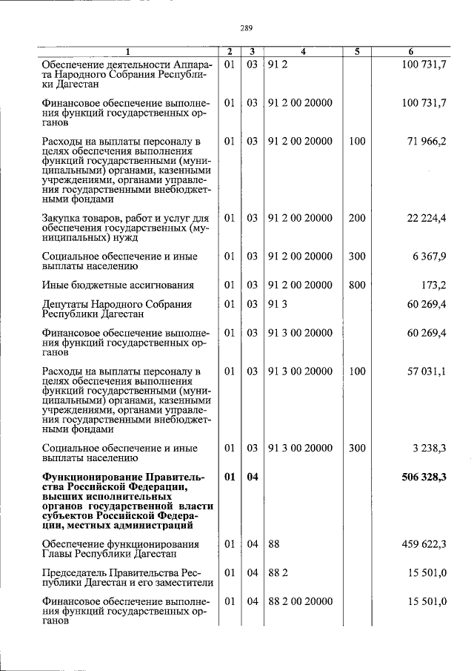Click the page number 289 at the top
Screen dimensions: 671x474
point(247,28)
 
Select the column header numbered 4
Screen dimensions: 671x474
point(303,52)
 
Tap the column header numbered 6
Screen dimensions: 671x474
point(411,52)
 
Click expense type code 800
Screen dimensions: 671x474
point(357,285)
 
